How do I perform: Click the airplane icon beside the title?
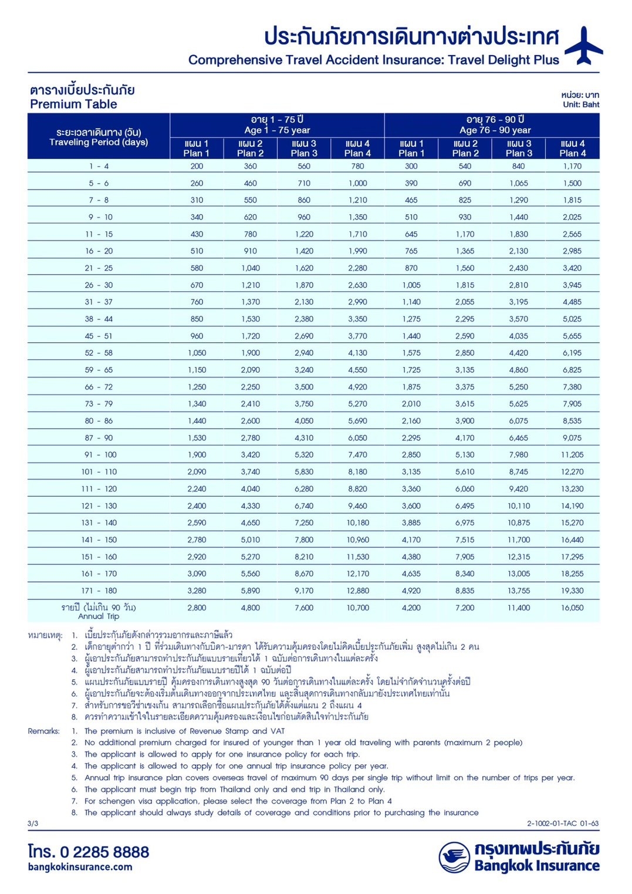point(583,45)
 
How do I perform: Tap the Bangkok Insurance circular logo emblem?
point(454,857)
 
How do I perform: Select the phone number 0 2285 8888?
point(104,852)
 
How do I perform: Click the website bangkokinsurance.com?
point(80,867)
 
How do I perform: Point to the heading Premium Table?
point(73,104)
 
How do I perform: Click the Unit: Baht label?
point(581,104)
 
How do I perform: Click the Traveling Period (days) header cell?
point(99,137)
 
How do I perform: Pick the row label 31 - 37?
point(99,302)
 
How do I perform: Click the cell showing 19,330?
point(572,591)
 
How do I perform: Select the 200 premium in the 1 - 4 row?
point(197,167)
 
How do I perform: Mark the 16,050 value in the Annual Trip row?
point(572,608)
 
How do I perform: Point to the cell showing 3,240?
point(304,370)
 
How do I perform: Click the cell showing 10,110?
point(519,506)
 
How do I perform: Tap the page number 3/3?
point(33,824)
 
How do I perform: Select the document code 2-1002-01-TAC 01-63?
point(562,824)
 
